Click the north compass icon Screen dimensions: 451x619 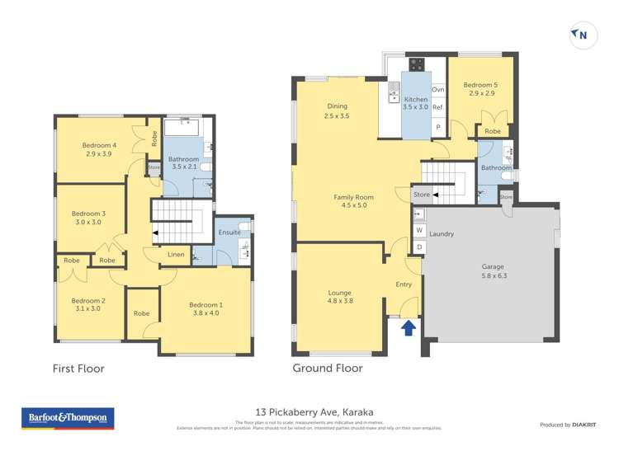(581, 34)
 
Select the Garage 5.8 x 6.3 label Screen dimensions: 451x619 (492, 272)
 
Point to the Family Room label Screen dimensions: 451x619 (353, 201)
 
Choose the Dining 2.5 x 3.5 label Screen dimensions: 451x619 (337, 110)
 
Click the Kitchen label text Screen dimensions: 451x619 (416, 102)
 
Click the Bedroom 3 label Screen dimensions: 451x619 (90, 218)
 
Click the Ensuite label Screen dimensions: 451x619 (230, 233)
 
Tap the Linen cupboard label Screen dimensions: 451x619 (176, 255)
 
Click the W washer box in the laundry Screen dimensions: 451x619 (419, 230)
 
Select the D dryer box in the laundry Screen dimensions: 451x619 (419, 247)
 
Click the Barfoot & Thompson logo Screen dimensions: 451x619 (67, 418)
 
